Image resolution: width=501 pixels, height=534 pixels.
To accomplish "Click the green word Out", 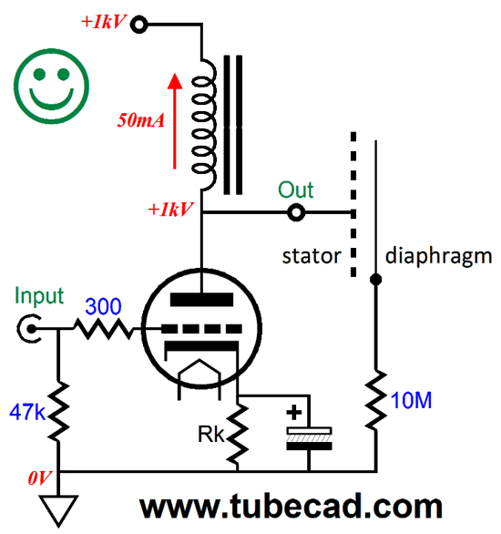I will pos(296,190).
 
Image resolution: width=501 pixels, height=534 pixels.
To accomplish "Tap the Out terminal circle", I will pos(295,214).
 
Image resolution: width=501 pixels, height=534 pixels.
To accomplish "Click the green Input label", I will pos(39,296).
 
